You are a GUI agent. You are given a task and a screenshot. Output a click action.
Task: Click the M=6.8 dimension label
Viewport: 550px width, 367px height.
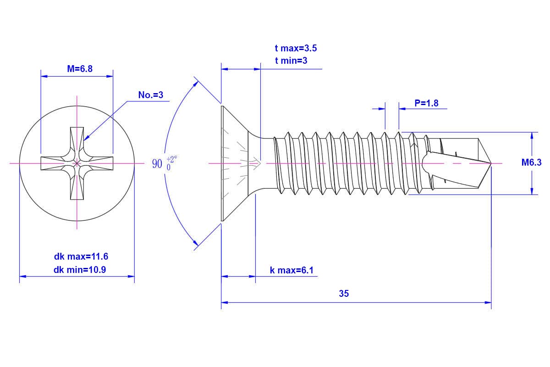pyautogui.click(x=80, y=69)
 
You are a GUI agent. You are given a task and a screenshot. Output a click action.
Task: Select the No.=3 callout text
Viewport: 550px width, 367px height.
pyautogui.click(x=151, y=95)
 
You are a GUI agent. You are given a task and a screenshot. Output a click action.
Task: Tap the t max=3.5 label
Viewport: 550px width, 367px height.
pyautogui.click(x=296, y=48)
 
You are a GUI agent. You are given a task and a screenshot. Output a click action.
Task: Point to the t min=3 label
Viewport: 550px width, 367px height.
pyautogui.click(x=291, y=60)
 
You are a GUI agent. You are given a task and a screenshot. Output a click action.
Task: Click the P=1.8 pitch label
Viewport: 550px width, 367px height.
pyautogui.click(x=426, y=103)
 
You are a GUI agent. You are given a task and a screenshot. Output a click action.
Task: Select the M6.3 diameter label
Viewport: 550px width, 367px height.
pyautogui.click(x=532, y=162)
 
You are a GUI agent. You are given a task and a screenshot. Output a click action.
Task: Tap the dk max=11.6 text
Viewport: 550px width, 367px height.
pyautogui.click(x=81, y=256)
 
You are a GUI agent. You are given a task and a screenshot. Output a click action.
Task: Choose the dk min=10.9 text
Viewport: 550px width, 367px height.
pyautogui.click(x=80, y=270)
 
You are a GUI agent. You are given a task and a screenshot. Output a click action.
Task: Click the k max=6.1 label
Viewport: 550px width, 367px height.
pyautogui.click(x=291, y=270)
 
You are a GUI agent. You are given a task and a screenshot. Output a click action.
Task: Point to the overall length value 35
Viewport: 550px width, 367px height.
pyautogui.click(x=344, y=294)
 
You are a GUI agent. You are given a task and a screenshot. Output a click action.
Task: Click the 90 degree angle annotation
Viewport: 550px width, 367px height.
pyautogui.click(x=157, y=164)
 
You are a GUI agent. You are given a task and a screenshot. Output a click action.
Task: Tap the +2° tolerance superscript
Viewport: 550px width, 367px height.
pyautogui.click(x=171, y=159)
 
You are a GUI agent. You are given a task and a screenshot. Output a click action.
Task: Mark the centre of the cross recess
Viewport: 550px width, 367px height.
pyautogui.click(x=77, y=163)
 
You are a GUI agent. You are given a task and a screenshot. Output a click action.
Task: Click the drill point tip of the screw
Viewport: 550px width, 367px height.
pyautogui.click(x=490, y=163)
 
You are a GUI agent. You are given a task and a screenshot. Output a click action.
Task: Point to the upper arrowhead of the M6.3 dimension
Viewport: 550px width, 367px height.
pyautogui.click(x=532, y=135)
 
